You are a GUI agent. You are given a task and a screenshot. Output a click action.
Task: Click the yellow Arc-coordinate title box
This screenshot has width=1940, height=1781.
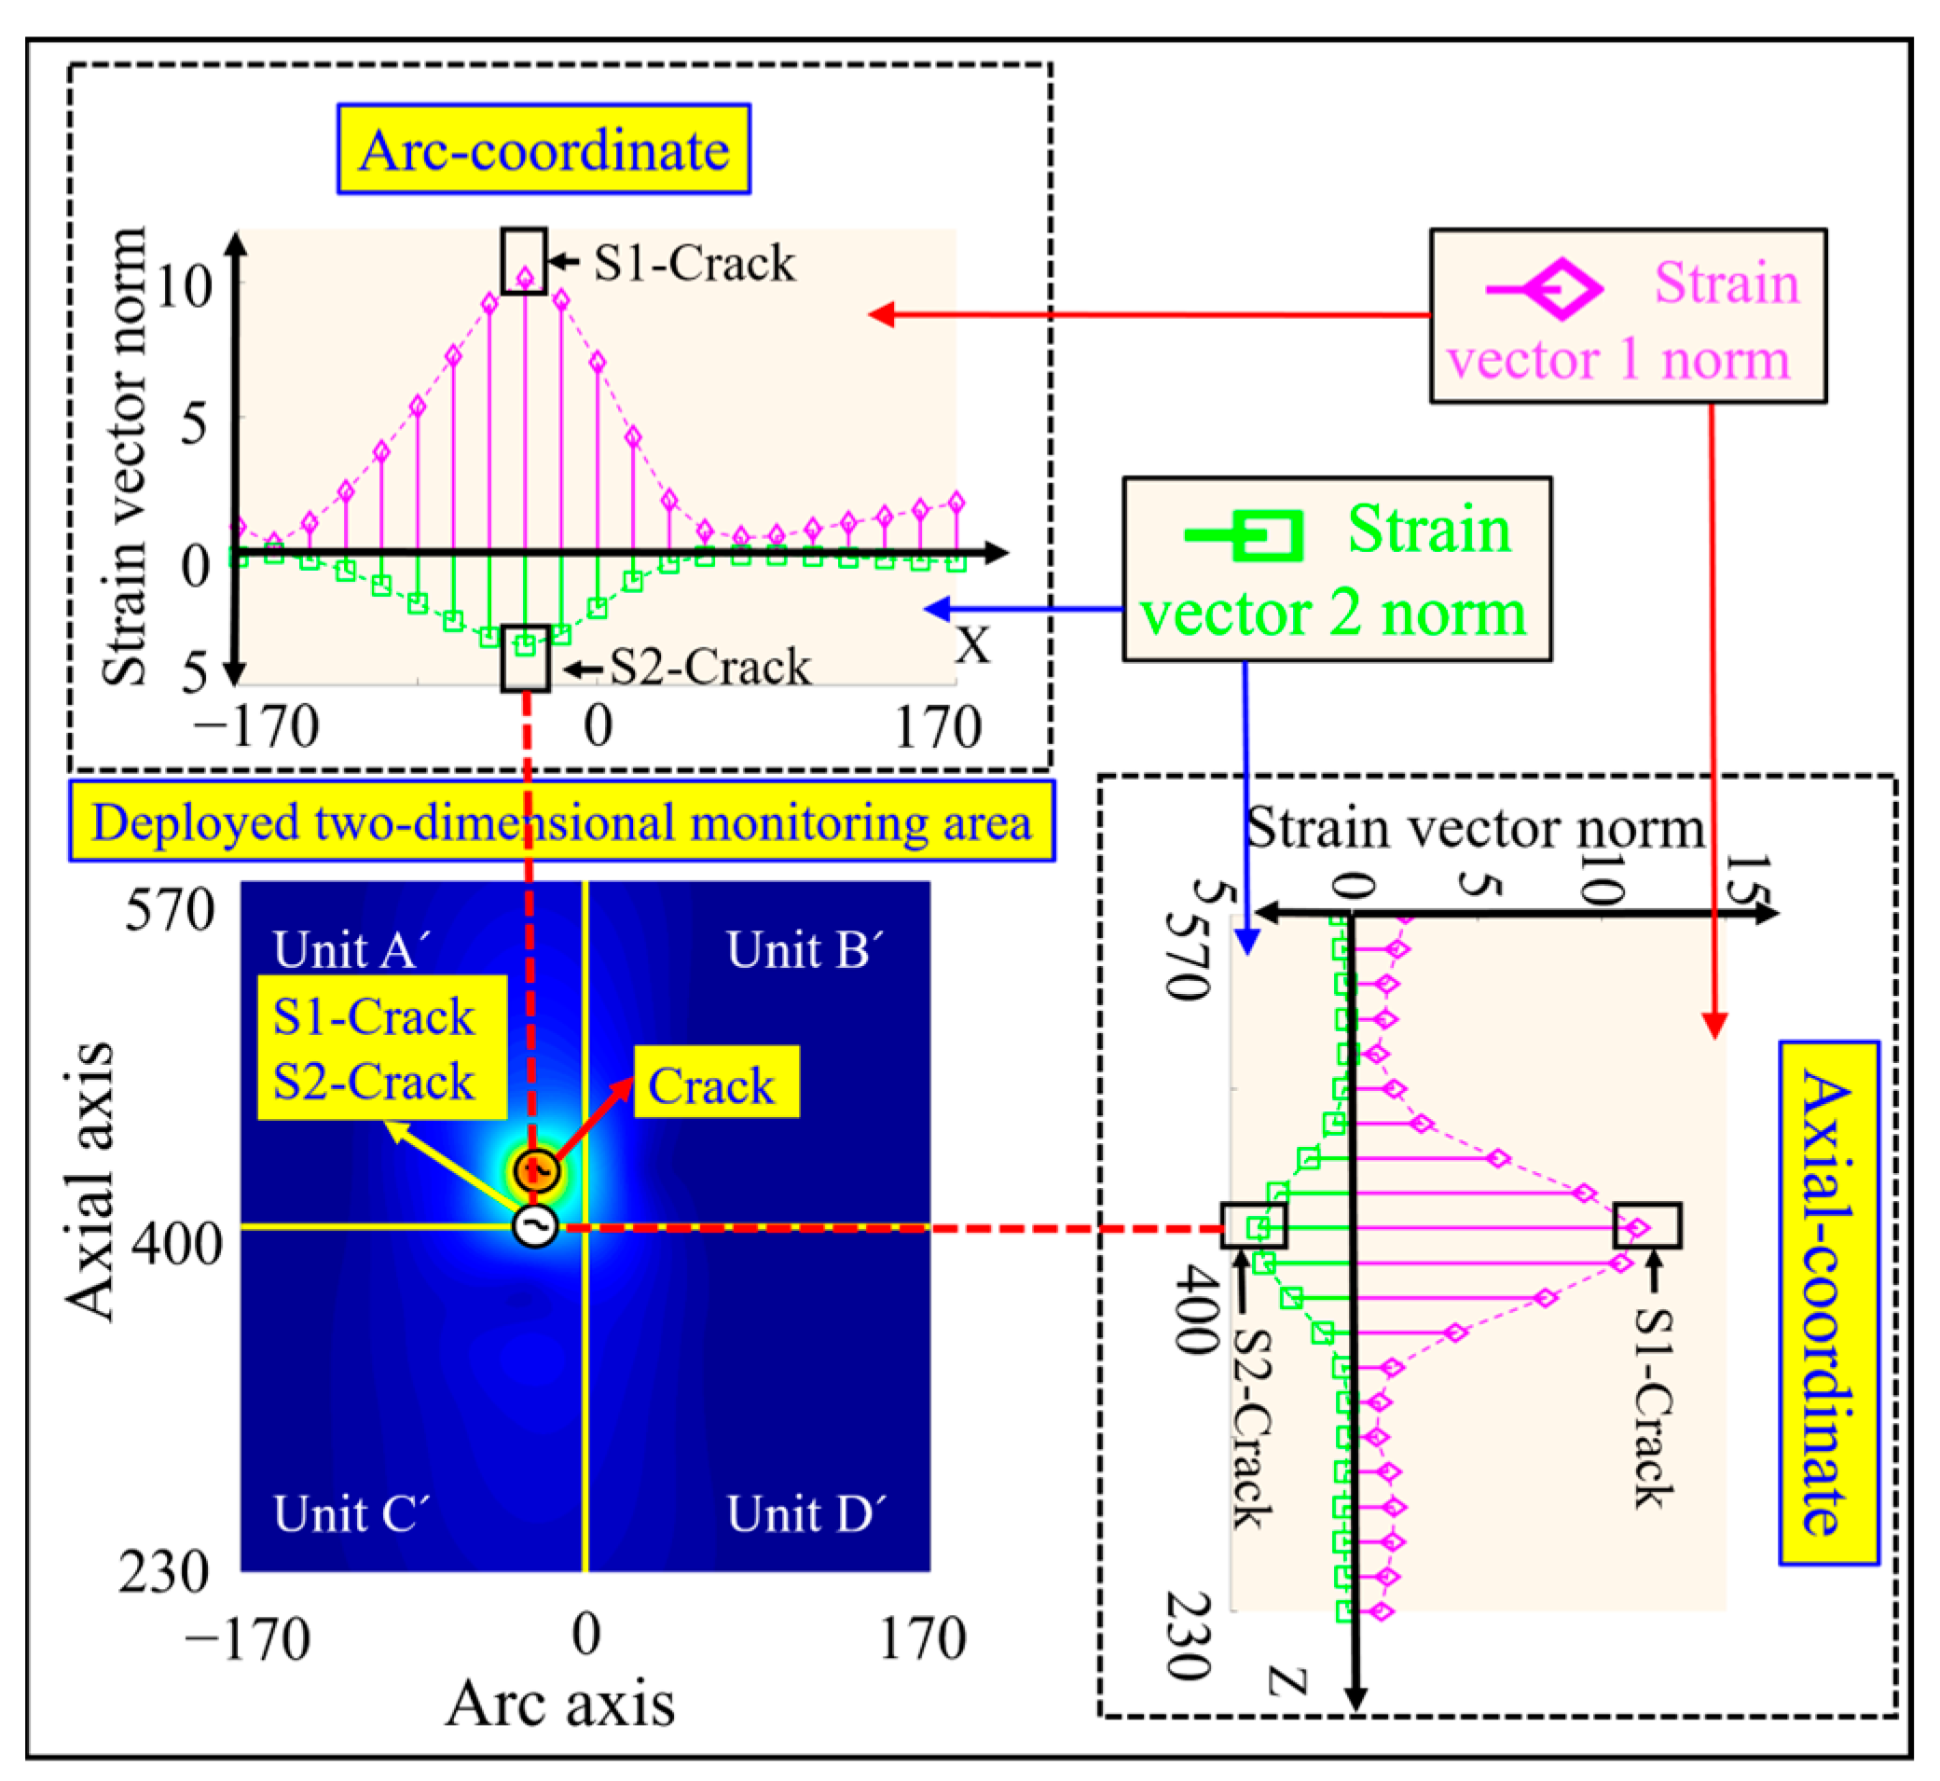click(543, 149)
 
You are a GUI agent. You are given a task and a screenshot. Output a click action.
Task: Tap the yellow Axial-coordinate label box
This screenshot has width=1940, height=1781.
click(1827, 1304)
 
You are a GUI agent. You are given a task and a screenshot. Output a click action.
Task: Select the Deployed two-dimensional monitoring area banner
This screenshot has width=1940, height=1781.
click(561, 822)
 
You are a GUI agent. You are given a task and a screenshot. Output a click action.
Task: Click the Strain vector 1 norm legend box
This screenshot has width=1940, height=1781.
click(1627, 316)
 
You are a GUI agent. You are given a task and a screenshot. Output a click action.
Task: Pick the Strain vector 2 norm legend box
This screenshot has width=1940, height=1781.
click(1336, 570)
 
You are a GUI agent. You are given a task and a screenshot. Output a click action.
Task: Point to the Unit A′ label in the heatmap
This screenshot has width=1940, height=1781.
click(351, 950)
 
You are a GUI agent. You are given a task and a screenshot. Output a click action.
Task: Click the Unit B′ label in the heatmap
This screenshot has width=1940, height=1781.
click(804, 950)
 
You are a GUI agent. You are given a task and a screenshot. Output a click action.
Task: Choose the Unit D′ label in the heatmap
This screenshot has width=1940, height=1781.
click(805, 1514)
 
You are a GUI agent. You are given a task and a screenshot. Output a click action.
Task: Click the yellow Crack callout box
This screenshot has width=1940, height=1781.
click(715, 1084)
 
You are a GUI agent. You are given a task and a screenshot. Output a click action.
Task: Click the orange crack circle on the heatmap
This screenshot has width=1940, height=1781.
click(537, 1170)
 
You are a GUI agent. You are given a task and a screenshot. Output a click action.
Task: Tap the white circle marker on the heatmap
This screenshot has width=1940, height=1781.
click(536, 1226)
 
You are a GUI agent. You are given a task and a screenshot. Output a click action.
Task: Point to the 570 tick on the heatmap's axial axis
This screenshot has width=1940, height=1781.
click(170, 911)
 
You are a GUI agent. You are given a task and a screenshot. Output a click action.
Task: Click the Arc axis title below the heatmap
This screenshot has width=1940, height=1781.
click(560, 1704)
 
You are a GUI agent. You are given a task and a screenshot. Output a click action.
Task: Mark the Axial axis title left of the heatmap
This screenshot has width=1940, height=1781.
click(89, 1182)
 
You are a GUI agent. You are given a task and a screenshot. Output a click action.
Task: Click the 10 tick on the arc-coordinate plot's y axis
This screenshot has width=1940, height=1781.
click(183, 286)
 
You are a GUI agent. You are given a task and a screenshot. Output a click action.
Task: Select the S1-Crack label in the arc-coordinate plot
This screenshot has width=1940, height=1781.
click(694, 263)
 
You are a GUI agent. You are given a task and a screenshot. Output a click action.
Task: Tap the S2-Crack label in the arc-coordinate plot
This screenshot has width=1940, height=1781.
click(710, 668)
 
